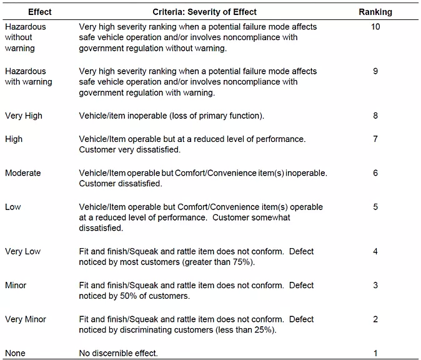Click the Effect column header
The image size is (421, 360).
40,12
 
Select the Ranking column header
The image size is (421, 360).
375,12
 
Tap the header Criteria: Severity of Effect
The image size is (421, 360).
205,12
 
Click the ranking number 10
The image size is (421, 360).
375,27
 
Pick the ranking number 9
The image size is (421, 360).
375,71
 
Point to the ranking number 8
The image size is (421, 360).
375,116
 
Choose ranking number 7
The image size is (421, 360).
375,139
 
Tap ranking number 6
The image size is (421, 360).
375,172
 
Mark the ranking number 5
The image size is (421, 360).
375,207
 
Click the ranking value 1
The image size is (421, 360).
375,353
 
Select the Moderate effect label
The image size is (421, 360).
23,172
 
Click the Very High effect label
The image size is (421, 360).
24,116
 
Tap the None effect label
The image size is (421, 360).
15,353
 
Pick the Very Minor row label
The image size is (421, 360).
26,319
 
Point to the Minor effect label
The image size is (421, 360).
16,285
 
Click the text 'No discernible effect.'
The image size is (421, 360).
119,353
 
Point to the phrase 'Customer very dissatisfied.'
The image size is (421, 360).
130,149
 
